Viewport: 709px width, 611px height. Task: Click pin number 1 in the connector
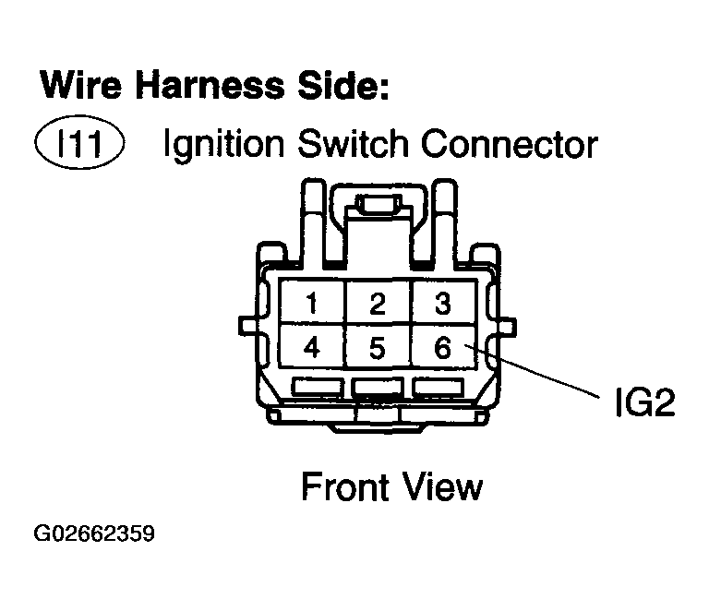(x=314, y=304)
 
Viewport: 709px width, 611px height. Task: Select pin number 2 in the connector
(x=377, y=304)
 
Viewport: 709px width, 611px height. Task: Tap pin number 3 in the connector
(x=442, y=304)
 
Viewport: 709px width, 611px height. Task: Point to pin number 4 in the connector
(x=314, y=348)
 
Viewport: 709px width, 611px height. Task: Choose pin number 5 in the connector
(x=377, y=348)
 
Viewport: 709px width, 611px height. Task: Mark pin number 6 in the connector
(x=442, y=348)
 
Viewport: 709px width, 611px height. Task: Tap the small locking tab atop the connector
(x=378, y=204)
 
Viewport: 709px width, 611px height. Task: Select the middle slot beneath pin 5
(x=377, y=389)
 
